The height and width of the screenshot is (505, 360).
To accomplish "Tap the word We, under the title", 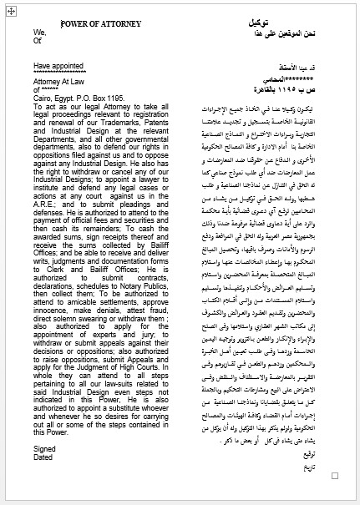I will pyautogui.click(x=40, y=33).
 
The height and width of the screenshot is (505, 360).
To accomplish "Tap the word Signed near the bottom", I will pyautogui.click(x=45, y=448).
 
